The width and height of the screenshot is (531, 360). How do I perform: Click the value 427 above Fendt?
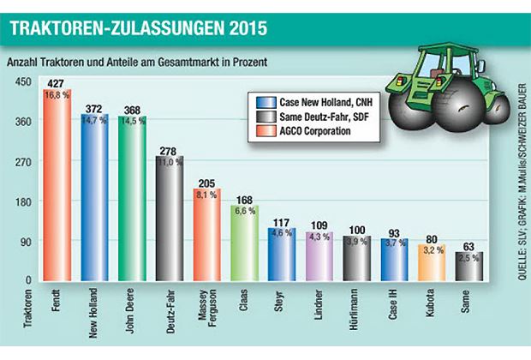pyautogui.click(x=57, y=83)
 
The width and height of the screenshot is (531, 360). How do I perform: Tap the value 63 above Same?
pyautogui.click(x=468, y=246)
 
